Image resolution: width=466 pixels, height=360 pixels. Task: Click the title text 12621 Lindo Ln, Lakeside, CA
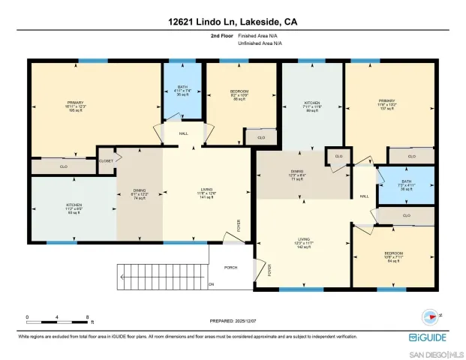click(x=233, y=23)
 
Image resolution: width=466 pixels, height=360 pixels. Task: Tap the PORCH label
click(x=232, y=268)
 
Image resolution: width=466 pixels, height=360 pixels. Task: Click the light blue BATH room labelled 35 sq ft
click(x=183, y=90)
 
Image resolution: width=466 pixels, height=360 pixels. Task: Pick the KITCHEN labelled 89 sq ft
click(x=311, y=105)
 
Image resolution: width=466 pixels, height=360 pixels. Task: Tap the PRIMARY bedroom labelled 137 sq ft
click(x=388, y=105)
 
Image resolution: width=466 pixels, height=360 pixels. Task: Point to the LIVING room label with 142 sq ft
click(x=304, y=244)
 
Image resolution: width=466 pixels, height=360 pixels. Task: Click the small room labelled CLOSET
click(x=107, y=160)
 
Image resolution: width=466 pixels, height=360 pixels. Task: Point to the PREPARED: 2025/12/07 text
click(x=233, y=321)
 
